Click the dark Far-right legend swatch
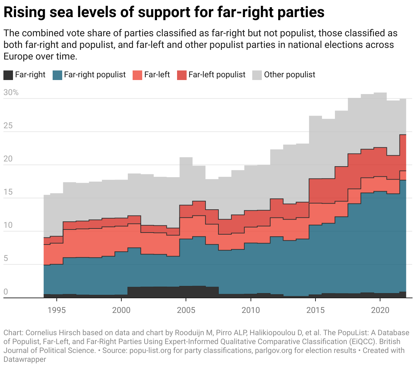click(8, 75)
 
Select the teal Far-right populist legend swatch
click(57, 75)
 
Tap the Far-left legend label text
click(157, 75)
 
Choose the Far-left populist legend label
click(217, 75)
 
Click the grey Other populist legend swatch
click(257, 75)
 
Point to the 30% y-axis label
click(11, 92)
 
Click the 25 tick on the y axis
click(8, 126)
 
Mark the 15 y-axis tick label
click(8, 192)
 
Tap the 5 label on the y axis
click(6, 258)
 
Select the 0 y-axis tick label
click(6, 292)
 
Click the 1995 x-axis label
click(57, 310)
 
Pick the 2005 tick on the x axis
click(186, 310)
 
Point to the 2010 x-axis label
click(251, 310)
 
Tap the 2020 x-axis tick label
click(380, 310)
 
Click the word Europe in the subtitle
click(18, 56)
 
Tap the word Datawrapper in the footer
click(25, 359)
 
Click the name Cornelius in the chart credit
click(41, 333)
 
